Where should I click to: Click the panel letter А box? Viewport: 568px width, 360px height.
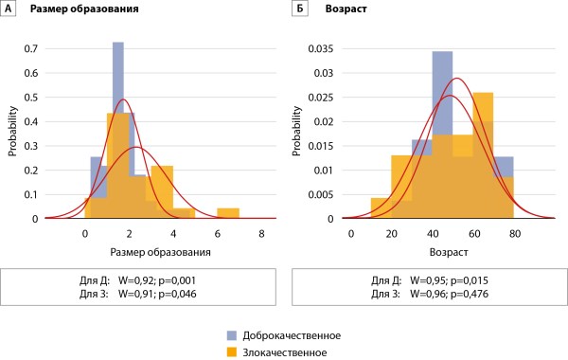8,9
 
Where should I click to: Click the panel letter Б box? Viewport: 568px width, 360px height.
300,9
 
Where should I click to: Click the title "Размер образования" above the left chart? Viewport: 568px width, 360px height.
84,9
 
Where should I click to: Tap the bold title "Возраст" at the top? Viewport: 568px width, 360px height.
346,9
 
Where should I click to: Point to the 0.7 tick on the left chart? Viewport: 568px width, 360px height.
31,48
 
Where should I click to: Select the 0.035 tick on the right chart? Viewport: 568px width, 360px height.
321,48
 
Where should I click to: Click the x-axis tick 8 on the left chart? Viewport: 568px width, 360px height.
261,234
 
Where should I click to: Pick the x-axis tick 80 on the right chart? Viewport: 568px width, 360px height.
514,234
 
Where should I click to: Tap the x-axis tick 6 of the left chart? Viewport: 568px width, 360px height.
218,234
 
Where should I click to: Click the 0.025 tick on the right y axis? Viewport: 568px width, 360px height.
321,98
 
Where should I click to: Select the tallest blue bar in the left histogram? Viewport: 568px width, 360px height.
118,130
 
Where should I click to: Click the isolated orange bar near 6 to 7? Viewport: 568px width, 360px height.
228,213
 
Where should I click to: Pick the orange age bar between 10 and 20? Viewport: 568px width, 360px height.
382,208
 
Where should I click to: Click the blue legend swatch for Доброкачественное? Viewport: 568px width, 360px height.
232,335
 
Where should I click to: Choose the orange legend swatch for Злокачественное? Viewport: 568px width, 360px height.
232,352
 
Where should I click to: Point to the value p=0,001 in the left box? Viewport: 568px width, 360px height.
177,280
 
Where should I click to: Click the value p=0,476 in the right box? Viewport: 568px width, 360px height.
470,294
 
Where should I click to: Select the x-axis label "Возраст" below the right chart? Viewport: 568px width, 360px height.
449,252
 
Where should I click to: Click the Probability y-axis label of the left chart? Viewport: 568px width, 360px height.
12,131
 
